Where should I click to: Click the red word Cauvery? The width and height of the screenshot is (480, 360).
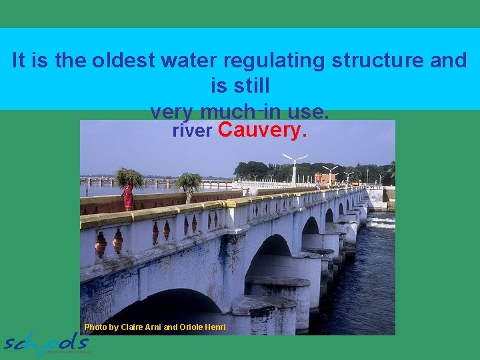click(262, 130)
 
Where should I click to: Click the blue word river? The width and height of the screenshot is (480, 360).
click(192, 131)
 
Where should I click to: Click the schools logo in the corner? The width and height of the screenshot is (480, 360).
click(47, 343)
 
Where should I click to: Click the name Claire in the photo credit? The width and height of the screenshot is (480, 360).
click(133, 327)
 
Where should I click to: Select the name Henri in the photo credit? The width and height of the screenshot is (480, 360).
click(213, 327)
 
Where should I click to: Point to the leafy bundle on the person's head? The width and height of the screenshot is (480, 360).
click(128, 177)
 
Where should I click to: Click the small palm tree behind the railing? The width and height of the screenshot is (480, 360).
click(189, 183)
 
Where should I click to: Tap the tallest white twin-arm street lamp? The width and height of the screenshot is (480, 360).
click(294, 167)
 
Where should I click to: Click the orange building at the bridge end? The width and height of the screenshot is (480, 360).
click(326, 178)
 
